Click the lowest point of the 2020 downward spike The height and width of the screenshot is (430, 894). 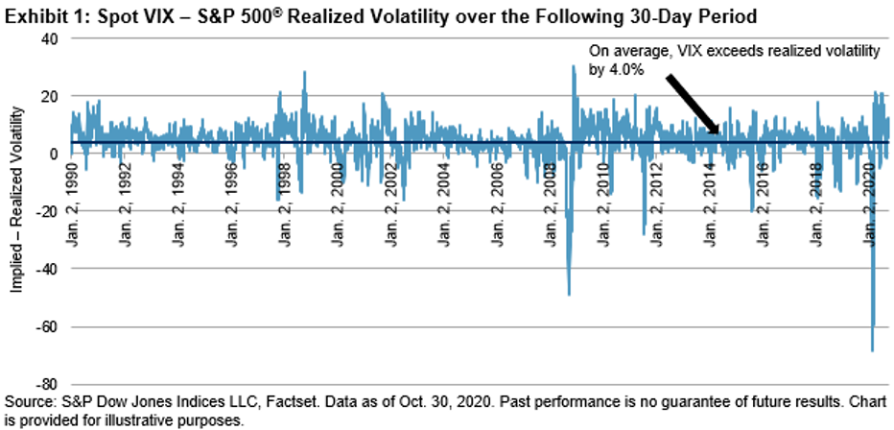point(872,351)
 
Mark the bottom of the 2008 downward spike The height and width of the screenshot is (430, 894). point(569,295)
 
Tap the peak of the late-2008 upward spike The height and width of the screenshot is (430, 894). point(574,66)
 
